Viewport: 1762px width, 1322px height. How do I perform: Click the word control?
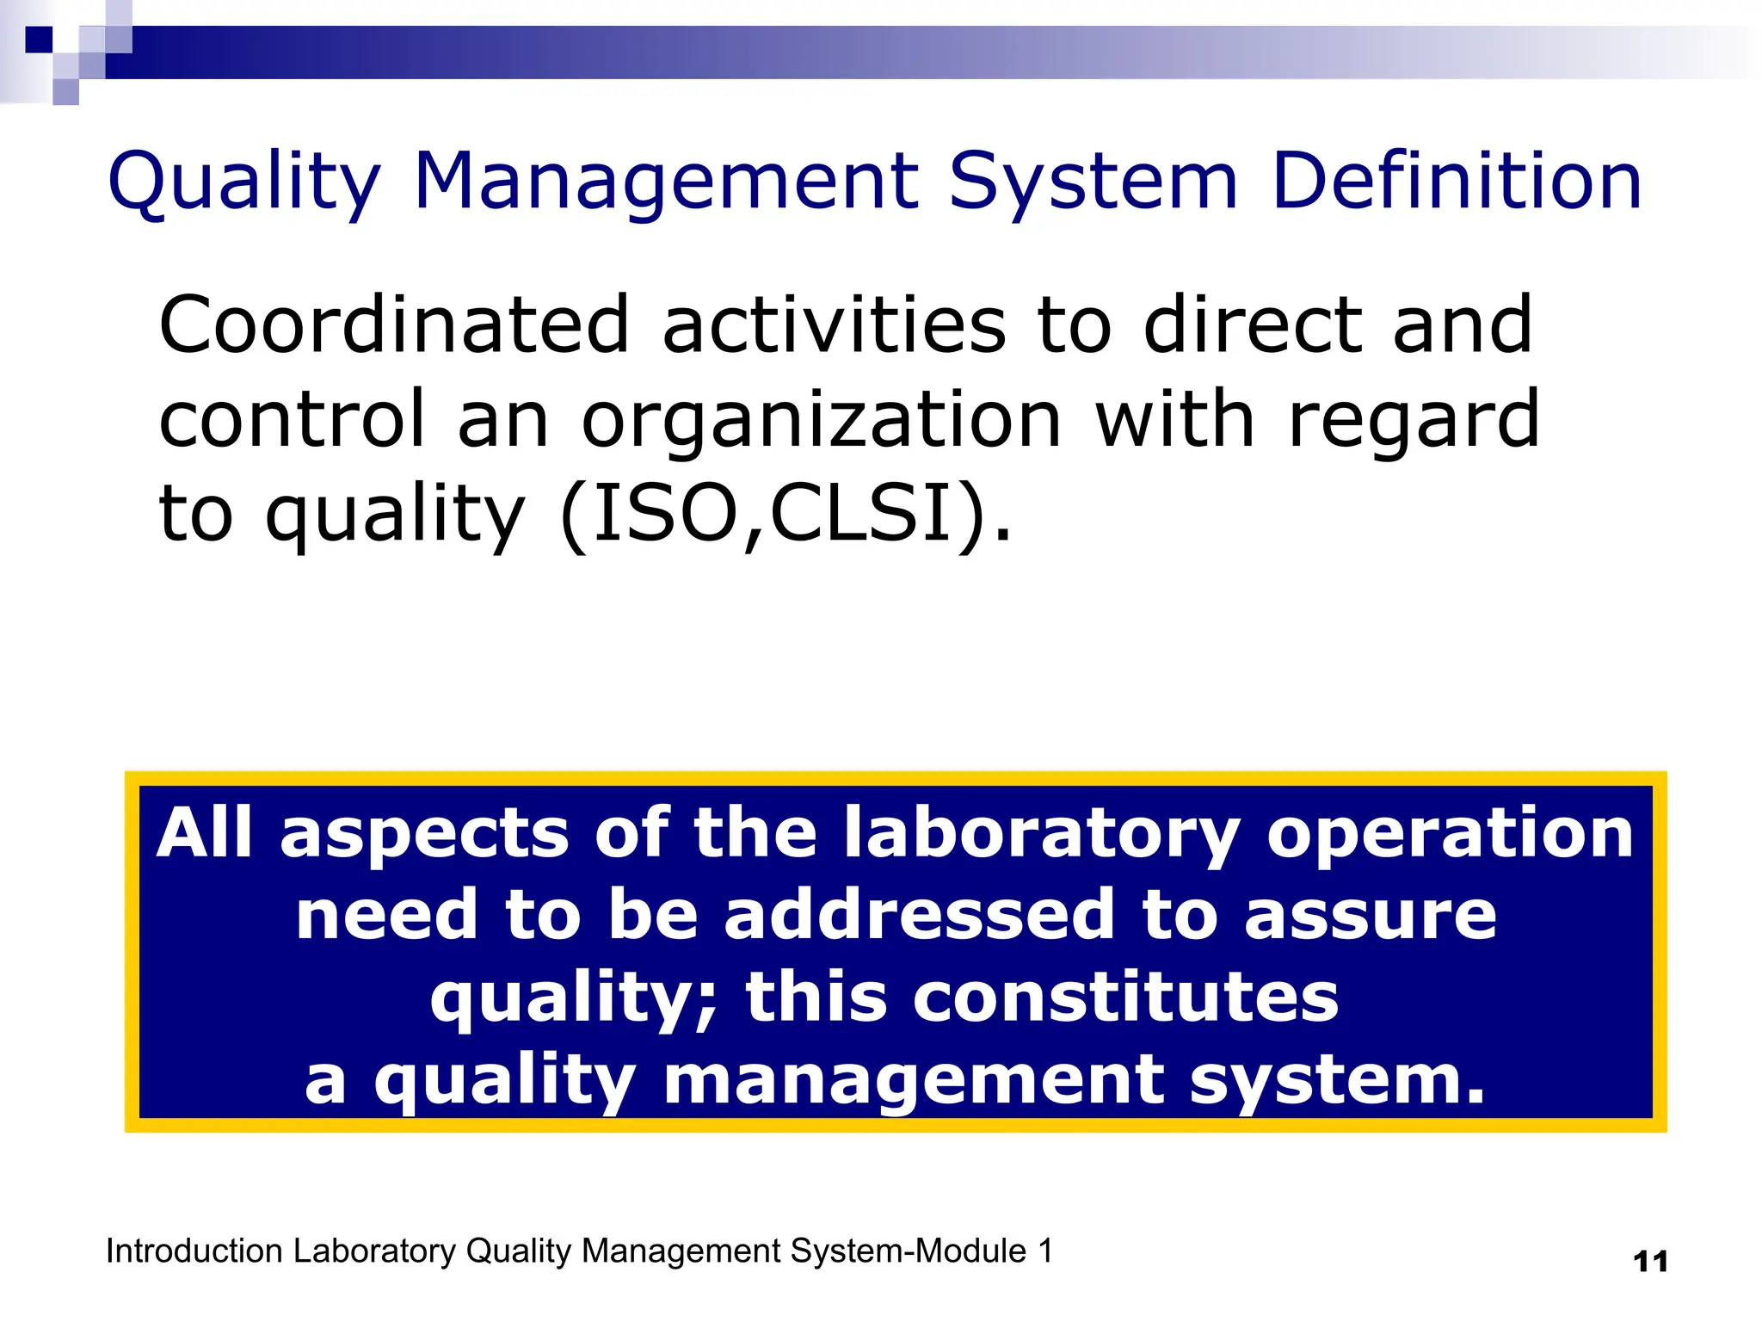(x=293, y=419)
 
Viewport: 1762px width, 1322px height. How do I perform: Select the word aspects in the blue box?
(x=424, y=834)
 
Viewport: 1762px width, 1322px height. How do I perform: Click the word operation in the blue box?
(x=1450, y=834)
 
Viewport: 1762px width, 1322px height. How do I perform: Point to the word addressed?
(x=919, y=915)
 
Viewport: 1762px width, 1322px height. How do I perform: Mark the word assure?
(x=1370, y=915)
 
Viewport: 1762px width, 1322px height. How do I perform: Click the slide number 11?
(x=1650, y=1262)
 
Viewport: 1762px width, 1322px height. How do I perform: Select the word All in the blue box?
(x=205, y=832)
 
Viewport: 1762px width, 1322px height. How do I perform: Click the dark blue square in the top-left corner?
(x=39, y=40)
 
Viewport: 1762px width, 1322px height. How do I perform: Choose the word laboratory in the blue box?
(x=1041, y=834)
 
